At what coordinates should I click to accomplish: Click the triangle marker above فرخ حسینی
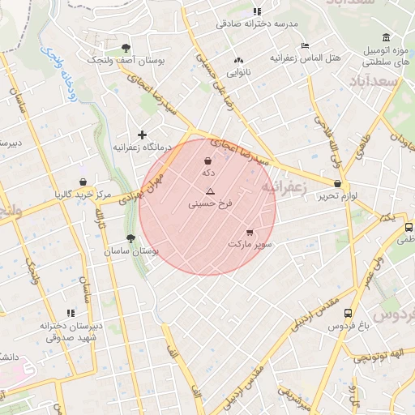210,192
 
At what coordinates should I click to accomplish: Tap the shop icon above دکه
208,160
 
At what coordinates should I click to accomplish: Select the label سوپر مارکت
250,243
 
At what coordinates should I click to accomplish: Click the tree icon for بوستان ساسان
130,238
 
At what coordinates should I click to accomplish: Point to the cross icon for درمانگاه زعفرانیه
143,135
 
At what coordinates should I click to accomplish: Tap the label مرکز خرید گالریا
83,195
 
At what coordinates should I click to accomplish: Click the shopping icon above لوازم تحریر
337,184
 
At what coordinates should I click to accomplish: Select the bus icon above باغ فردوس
348,313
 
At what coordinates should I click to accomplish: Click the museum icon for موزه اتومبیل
386,37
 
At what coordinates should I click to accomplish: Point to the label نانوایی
238,72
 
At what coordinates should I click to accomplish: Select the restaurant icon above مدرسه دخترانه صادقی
257,11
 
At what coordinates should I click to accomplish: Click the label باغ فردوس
348,326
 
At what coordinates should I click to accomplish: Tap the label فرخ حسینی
210,205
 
